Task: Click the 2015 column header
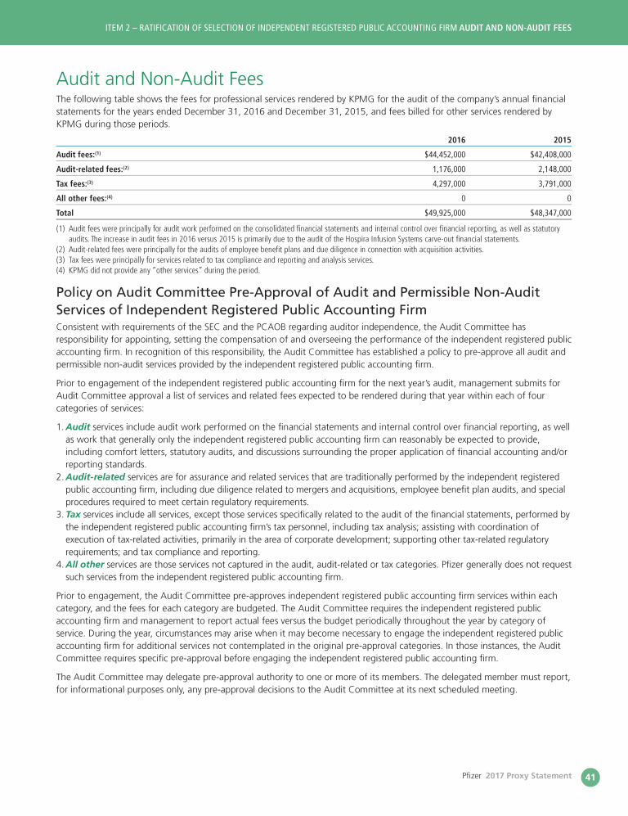[x=562, y=140]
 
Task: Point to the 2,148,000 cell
[x=554, y=169]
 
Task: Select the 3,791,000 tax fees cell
[x=554, y=183]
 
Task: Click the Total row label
[x=65, y=213]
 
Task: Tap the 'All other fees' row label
[x=83, y=198]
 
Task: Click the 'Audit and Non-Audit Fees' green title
[x=159, y=79]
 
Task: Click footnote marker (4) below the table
[x=61, y=269]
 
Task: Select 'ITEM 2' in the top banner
[x=120, y=28]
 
